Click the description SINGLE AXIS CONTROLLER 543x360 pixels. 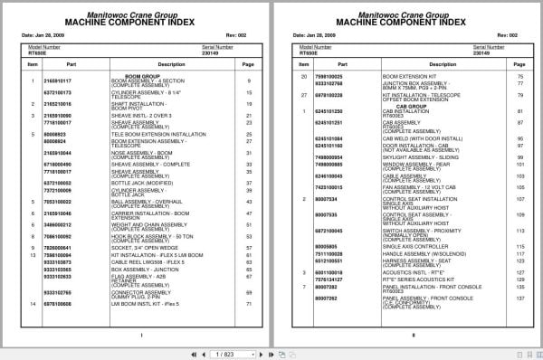(410, 246)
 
